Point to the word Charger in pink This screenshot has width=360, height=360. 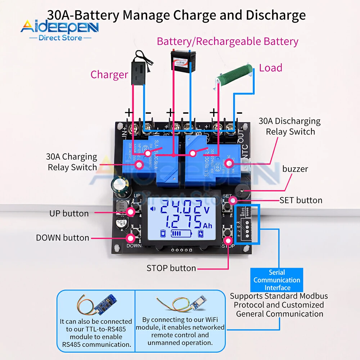tap(109, 75)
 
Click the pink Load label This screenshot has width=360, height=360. tap(270, 68)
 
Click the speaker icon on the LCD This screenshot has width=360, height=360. tap(154, 209)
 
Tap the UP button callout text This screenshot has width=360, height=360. tap(69, 213)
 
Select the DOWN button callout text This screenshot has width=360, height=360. tap(62, 238)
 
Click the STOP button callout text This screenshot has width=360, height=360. tap(171, 268)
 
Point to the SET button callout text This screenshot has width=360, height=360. tap(301, 200)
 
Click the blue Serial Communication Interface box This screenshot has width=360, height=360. tap(276, 280)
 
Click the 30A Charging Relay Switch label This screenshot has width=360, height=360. tap(72, 162)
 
